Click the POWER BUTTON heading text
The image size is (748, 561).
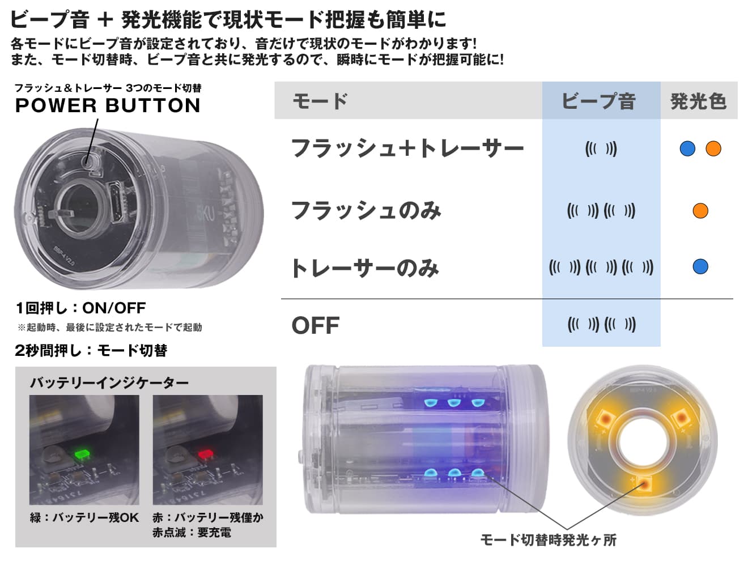coord(108,105)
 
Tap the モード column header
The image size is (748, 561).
coord(320,101)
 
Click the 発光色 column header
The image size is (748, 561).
coord(698,101)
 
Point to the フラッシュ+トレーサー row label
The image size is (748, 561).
coord(407,148)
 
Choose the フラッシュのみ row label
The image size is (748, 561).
coord(365,211)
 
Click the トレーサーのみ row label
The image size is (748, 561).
coord(364,267)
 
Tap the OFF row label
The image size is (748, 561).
coord(315,326)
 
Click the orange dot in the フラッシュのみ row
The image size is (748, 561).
coord(700,211)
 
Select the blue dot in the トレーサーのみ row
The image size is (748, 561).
coord(700,266)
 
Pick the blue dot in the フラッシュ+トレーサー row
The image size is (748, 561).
coord(687,148)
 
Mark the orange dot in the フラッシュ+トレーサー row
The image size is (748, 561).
coord(713,148)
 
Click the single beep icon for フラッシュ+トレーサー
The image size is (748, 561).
coord(601,149)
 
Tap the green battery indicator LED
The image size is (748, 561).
coord(83,454)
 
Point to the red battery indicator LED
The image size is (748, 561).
coord(205,454)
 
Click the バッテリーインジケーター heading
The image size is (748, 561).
coord(109,383)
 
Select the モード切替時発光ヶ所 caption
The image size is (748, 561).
coord(548,539)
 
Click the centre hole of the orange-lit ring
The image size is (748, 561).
coord(643,441)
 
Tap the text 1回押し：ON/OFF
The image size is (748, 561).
coord(80,308)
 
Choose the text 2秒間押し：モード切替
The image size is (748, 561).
coord(91,350)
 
